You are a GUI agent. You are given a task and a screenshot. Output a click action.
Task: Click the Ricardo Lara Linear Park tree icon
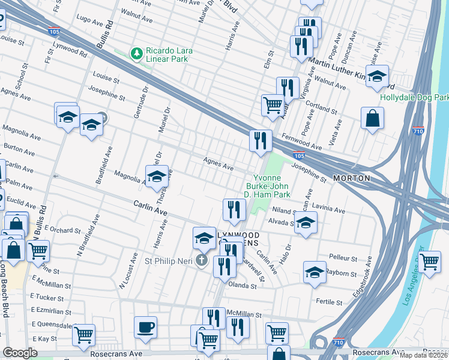[137, 55]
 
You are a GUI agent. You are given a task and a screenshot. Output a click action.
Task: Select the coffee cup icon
[145, 327]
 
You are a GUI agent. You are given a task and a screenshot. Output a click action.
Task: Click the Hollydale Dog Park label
[414, 97]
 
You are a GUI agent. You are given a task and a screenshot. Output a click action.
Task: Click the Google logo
[20, 353]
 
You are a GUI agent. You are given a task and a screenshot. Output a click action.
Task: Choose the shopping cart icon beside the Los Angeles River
[430, 262]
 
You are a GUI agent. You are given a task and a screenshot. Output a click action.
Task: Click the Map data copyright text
[423, 355]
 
